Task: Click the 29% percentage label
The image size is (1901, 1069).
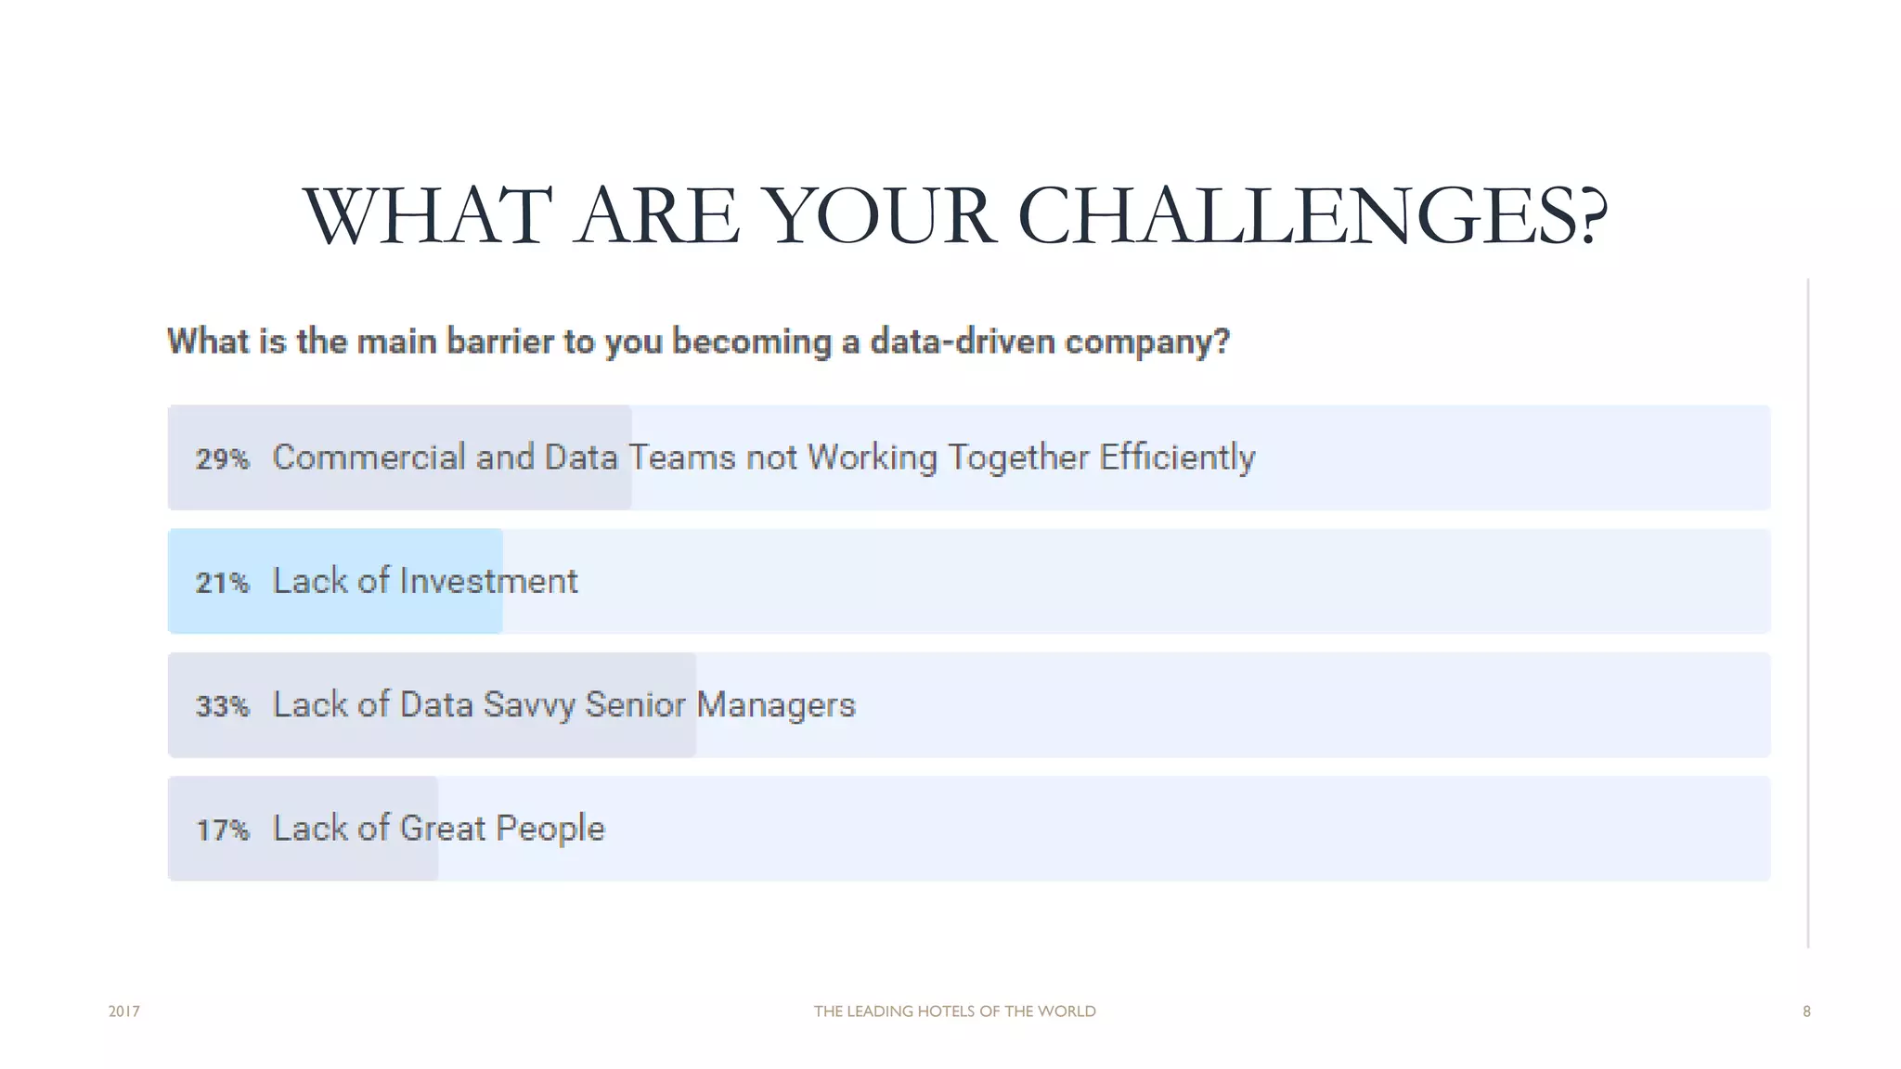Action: (222, 458)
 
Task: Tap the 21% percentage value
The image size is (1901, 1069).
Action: (222, 583)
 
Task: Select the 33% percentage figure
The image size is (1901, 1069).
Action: (222, 706)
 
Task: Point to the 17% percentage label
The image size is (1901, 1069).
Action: (222, 830)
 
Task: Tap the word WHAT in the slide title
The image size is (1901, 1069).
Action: (427, 216)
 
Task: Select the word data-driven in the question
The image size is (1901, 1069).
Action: (963, 341)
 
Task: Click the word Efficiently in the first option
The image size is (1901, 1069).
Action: (1177, 457)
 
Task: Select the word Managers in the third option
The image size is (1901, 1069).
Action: (775, 705)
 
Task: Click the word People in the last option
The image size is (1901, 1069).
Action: (550, 829)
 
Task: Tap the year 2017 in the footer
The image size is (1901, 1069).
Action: (124, 1011)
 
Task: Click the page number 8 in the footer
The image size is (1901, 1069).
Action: (1806, 1011)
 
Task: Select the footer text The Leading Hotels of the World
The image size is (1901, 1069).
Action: (954, 1011)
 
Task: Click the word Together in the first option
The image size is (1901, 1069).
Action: (1017, 458)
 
